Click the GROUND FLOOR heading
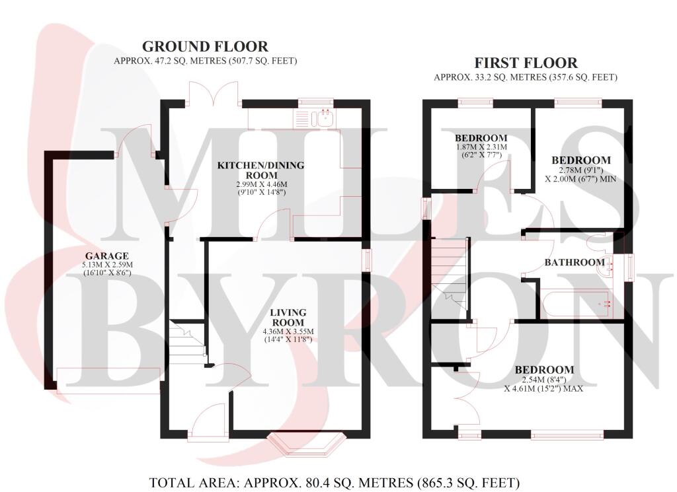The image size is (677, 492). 206,46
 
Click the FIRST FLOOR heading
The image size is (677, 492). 526,63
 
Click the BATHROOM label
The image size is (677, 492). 574,262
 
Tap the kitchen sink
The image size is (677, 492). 325,119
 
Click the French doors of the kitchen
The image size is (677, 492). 212,92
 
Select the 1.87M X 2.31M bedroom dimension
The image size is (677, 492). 481,148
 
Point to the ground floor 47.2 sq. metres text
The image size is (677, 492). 206,61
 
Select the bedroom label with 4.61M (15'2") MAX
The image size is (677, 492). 544,370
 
